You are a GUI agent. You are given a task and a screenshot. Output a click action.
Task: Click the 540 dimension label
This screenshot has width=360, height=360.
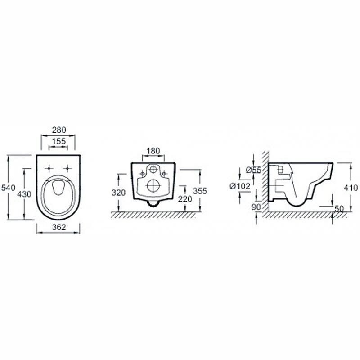8,188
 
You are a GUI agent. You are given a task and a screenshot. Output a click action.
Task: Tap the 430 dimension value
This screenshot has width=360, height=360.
24,194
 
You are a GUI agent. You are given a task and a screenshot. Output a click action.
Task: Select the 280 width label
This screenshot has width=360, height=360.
59,130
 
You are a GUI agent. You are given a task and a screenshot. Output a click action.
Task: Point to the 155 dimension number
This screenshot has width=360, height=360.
59,141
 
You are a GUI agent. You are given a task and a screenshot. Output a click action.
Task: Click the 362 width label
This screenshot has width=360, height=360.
59,227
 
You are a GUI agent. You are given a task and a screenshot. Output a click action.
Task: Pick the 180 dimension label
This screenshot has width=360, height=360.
153,151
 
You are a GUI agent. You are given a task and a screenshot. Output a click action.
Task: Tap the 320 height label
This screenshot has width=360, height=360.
118,193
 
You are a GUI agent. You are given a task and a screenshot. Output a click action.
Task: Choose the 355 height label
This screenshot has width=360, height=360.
200,191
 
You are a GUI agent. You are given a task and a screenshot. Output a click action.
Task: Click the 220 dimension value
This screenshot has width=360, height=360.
185,199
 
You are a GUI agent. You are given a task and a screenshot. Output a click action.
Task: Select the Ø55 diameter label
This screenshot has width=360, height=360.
253,170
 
